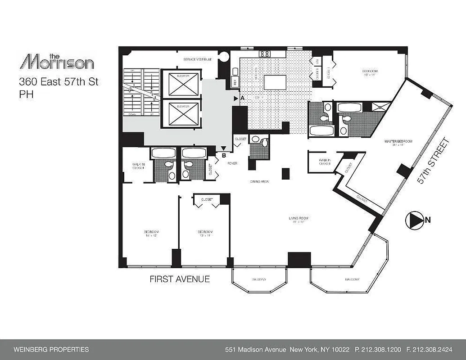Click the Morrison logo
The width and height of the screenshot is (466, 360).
pyautogui.click(x=57, y=62)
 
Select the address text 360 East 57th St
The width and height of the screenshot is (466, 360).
pyautogui.click(x=59, y=82)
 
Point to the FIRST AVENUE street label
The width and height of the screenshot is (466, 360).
pyautogui.click(x=180, y=279)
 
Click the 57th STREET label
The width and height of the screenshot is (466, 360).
pyautogui.click(x=433, y=162)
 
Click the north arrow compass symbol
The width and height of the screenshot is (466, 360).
pyautogui.click(x=412, y=220)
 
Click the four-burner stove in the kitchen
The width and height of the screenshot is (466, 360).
pyautogui.click(x=265, y=54)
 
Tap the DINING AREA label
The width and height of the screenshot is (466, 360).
pyautogui.click(x=260, y=182)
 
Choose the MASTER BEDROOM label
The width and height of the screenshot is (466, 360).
pyautogui.click(x=398, y=141)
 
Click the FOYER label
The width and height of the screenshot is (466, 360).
pyautogui.click(x=232, y=163)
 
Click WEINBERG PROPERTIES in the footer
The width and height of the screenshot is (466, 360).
pyautogui.click(x=51, y=350)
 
